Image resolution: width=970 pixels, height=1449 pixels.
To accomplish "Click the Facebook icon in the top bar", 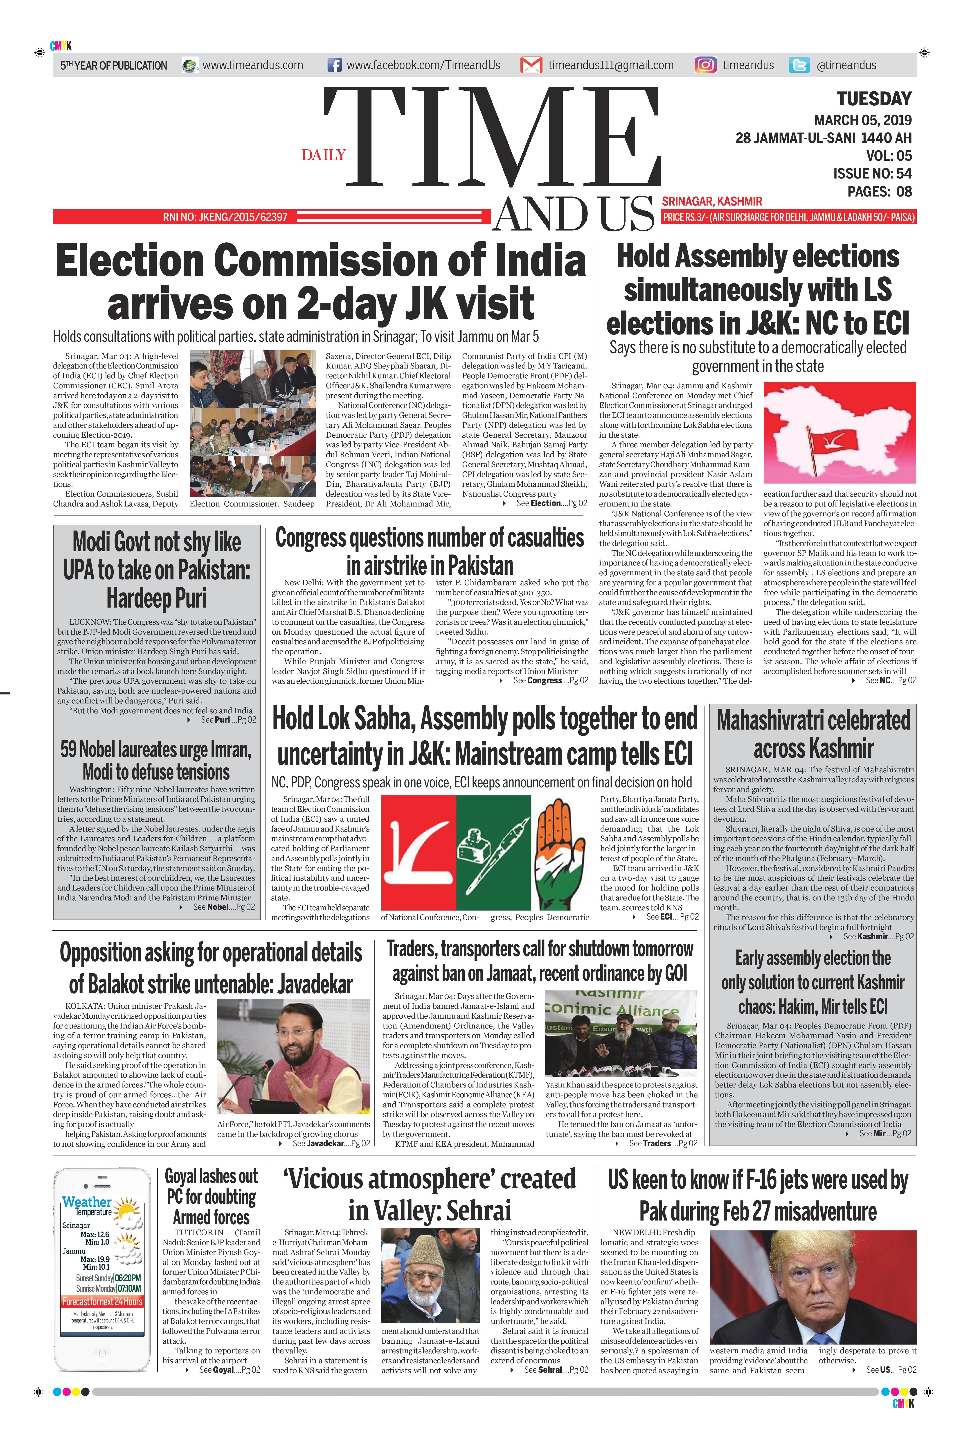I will coord(334,65).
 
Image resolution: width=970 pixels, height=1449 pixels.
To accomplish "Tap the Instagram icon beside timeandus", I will coord(705,65).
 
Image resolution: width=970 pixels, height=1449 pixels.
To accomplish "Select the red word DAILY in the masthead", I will coord(324,155).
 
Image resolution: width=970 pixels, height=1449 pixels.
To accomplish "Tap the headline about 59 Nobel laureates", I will coord(156,760).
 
